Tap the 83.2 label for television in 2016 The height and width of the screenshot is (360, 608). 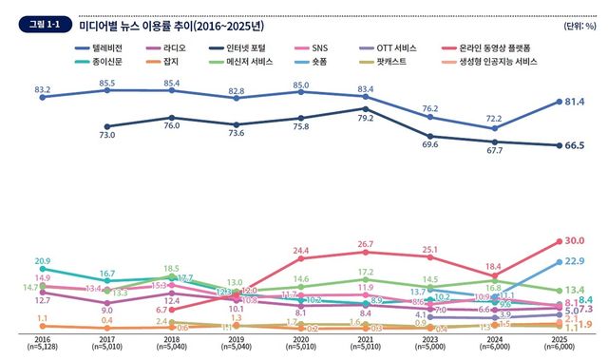(43, 90)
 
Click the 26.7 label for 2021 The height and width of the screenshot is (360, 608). (365, 244)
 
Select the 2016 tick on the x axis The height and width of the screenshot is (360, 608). (43, 338)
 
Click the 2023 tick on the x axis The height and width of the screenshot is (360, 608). (429, 338)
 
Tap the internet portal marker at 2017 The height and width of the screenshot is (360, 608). (107, 125)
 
